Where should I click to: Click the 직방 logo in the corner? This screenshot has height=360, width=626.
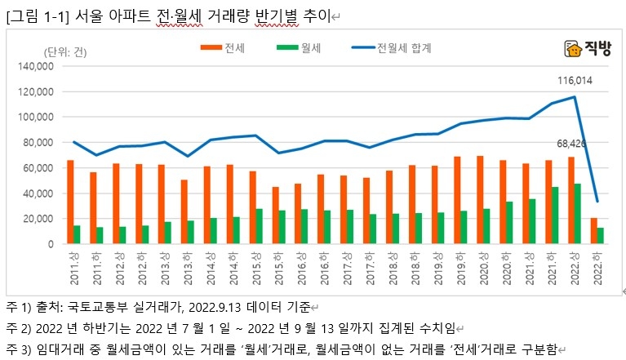click(x=587, y=50)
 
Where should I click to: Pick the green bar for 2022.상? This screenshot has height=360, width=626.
click(x=578, y=214)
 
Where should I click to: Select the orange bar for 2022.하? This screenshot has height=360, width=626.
click(x=593, y=231)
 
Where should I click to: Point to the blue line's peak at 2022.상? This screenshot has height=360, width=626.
click(x=575, y=97)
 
